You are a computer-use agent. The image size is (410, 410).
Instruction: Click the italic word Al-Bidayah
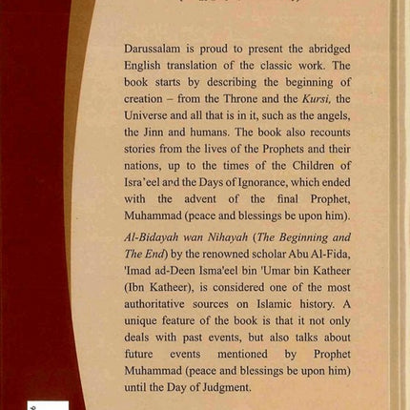[157, 243]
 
